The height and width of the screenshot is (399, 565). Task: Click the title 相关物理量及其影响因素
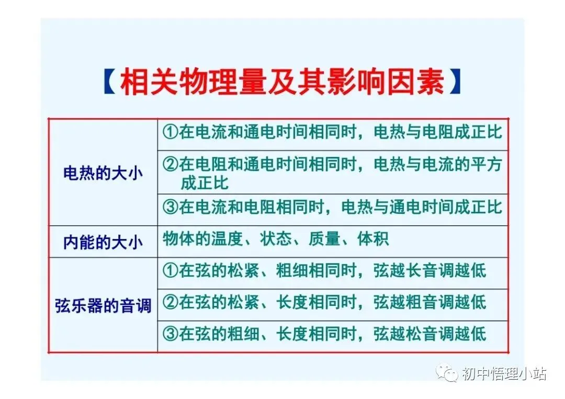pos(282,82)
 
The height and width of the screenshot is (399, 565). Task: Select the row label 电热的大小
pos(103,173)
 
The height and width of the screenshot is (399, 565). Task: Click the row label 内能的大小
pos(103,242)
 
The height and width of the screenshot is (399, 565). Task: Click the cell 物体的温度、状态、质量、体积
pos(276,240)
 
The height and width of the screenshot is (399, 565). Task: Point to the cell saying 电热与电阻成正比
pos(332,132)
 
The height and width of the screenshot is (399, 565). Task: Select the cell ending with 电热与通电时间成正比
pos(332,207)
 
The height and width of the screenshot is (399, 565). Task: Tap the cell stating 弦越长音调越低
pos(324,271)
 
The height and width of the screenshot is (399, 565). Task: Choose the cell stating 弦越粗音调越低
pos(324,302)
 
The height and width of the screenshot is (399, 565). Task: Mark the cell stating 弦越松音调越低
pos(324,334)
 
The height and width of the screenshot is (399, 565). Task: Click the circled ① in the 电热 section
pos(171,132)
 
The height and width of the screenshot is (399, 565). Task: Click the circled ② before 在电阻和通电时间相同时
pos(171,165)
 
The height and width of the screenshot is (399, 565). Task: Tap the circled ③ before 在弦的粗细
pos(171,334)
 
